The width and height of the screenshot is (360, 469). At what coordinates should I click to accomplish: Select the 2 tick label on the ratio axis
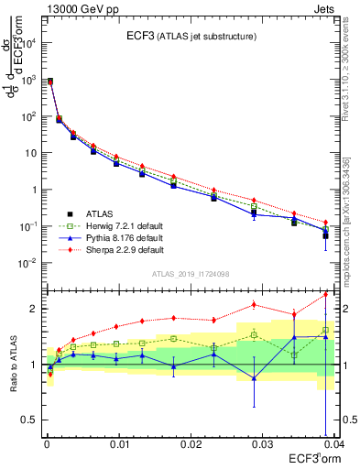pyautogui.click(x=35, y=309)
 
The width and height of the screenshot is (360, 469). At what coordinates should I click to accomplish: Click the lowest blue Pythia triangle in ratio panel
pyautogui.click(x=254, y=377)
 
